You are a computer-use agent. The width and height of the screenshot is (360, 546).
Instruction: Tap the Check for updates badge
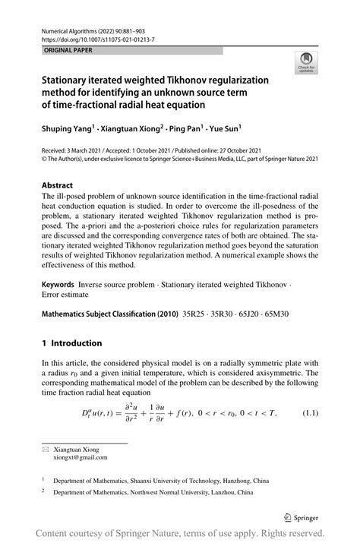point(306,62)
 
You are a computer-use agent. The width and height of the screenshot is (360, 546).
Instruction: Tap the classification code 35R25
point(195,314)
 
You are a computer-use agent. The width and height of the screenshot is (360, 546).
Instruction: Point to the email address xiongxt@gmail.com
point(80,457)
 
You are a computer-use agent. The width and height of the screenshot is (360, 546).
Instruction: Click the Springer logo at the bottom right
point(300,518)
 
